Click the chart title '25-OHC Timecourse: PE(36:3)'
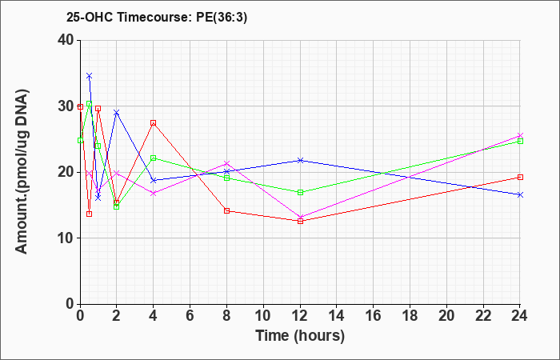point(157,18)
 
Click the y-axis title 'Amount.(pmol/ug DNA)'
point(22,171)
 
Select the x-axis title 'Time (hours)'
point(300,336)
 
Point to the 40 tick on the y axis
point(68,40)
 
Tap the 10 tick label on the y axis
point(65,238)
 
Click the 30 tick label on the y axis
point(65,106)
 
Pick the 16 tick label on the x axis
point(374,316)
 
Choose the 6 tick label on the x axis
point(190,316)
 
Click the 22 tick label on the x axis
point(483,316)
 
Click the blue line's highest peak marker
point(90,76)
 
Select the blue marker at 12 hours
point(300,160)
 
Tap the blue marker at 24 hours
point(520,194)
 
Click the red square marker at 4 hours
point(154,123)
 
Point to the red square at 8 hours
point(226,210)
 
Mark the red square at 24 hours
point(520,177)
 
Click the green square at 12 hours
point(300,192)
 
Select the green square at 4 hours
point(154,158)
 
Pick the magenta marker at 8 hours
point(226,163)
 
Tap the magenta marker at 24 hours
point(520,136)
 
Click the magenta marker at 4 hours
point(154,194)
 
